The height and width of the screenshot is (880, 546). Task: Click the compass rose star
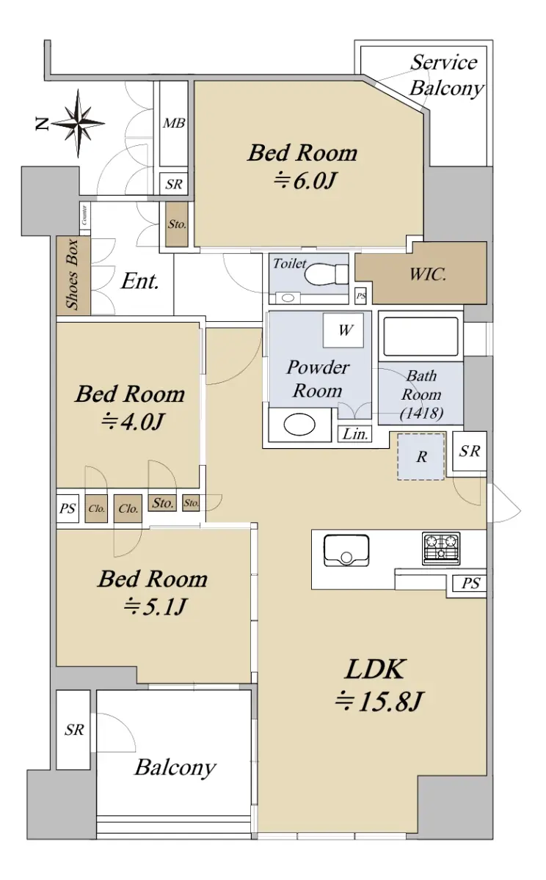point(79,123)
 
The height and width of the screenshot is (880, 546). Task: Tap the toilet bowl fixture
point(327,274)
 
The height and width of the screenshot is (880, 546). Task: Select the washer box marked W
point(343,331)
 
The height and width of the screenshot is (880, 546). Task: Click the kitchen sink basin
point(346,551)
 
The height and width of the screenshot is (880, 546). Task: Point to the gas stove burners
point(441,549)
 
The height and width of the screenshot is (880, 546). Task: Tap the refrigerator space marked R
point(421,456)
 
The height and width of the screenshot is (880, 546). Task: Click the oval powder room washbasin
point(299,425)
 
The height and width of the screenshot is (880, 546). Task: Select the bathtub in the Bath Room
point(421,337)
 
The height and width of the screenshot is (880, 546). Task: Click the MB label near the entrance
point(174,123)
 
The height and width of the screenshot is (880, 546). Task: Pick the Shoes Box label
point(73,274)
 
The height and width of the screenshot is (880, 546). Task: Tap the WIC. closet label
point(428,274)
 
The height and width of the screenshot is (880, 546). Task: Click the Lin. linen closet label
point(355,434)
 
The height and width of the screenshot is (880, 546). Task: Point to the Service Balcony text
point(446,75)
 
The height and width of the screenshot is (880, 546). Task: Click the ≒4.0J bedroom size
point(131,422)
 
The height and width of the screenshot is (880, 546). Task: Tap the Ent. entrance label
point(140,282)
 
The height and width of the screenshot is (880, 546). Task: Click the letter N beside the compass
point(42,124)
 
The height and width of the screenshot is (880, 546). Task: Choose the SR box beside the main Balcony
point(73,730)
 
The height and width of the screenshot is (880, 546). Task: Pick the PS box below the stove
point(470,583)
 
